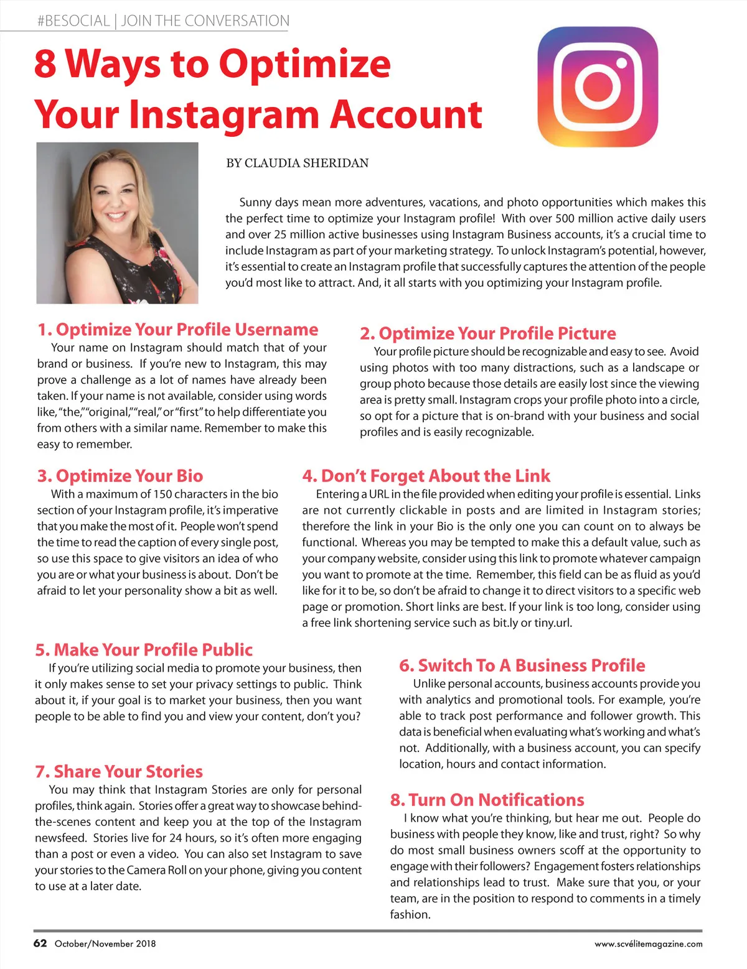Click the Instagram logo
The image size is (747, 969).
click(x=597, y=87)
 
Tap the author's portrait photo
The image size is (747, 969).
click(x=117, y=223)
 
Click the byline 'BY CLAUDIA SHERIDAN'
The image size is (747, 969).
click(x=297, y=164)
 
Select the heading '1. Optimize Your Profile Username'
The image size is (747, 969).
click(x=177, y=330)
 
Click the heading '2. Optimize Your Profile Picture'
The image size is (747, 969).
click(x=487, y=333)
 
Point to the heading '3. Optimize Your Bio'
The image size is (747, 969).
click(x=120, y=476)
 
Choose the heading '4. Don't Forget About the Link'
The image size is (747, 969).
click(x=426, y=476)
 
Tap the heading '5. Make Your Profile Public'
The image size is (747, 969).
click(x=144, y=650)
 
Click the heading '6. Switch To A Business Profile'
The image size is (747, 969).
click(x=522, y=665)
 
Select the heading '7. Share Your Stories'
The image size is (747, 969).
click(x=119, y=772)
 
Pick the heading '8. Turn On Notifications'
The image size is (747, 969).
click(x=487, y=800)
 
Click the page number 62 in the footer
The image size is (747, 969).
click(x=40, y=943)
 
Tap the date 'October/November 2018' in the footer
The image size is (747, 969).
click(x=105, y=943)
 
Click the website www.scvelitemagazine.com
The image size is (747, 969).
click(x=648, y=944)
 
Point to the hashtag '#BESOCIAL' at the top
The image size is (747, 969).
click(x=73, y=21)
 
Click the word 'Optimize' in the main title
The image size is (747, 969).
click(x=305, y=63)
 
